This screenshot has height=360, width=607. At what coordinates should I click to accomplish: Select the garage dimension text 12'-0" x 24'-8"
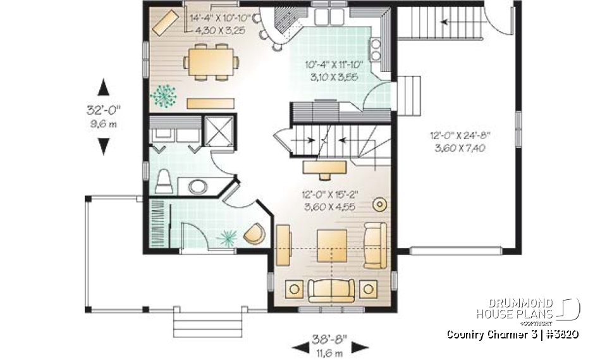pos(460,135)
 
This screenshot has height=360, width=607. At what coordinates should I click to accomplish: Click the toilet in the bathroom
pos(163,181)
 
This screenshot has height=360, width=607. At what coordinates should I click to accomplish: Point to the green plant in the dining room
pos(162,96)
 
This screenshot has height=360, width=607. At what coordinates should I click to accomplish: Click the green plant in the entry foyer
pos(226,238)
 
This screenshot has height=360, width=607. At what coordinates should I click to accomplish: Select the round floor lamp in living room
pos(381,204)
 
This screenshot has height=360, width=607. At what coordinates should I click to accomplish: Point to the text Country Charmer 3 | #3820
pos(512,333)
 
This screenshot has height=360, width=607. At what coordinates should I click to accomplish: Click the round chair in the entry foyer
pos(254,233)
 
